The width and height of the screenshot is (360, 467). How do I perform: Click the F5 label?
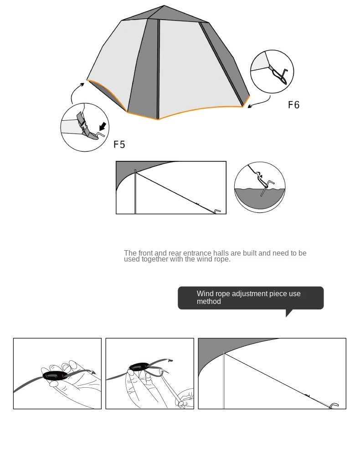(119, 144)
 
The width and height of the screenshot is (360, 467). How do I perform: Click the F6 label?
(294, 105)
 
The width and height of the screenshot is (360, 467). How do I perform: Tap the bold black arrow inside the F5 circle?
(104, 125)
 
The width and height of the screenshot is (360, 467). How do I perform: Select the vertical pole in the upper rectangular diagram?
(135, 191)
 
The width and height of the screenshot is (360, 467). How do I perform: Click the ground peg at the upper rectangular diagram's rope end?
(217, 211)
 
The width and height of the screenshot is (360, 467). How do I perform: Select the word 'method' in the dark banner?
(209, 302)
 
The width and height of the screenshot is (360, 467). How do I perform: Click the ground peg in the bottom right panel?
(334, 405)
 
